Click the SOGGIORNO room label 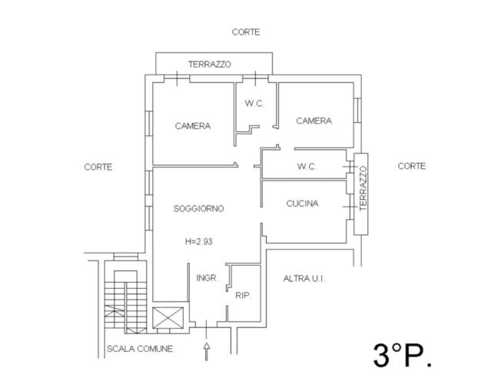click(198, 208)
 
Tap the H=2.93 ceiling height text click(198, 240)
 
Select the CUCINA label click(302, 204)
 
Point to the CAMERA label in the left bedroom click(192, 126)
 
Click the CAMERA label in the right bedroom click(314, 121)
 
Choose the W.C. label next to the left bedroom click(254, 104)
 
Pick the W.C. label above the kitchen click(307, 167)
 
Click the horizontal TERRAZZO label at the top click(210, 65)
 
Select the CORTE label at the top click(246, 32)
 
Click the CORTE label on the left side click(98, 167)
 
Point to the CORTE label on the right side click(412, 166)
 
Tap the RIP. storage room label click(243, 296)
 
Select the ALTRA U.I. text click(304, 278)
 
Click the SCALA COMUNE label click(140, 349)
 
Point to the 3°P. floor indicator click(403, 354)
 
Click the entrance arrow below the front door click(206, 351)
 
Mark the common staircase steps click(123, 303)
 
